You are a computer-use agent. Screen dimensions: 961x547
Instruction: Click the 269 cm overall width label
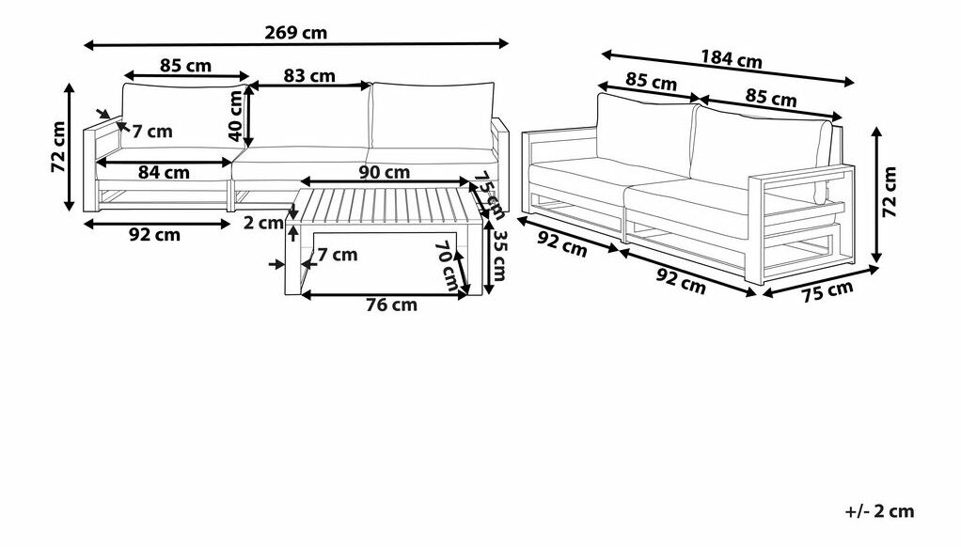(x=296, y=33)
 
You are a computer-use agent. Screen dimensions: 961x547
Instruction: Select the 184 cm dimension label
(x=732, y=59)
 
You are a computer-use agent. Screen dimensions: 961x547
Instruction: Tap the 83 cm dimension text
(x=309, y=76)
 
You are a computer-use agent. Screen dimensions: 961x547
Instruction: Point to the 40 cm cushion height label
(x=235, y=116)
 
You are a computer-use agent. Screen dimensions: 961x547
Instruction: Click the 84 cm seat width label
(x=164, y=173)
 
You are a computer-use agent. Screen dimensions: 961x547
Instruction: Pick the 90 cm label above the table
(x=385, y=172)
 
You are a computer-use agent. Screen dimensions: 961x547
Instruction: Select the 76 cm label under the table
(x=391, y=305)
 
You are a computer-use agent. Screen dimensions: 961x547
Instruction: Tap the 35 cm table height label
(x=500, y=256)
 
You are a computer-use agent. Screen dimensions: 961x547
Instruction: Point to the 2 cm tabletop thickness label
(x=263, y=223)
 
